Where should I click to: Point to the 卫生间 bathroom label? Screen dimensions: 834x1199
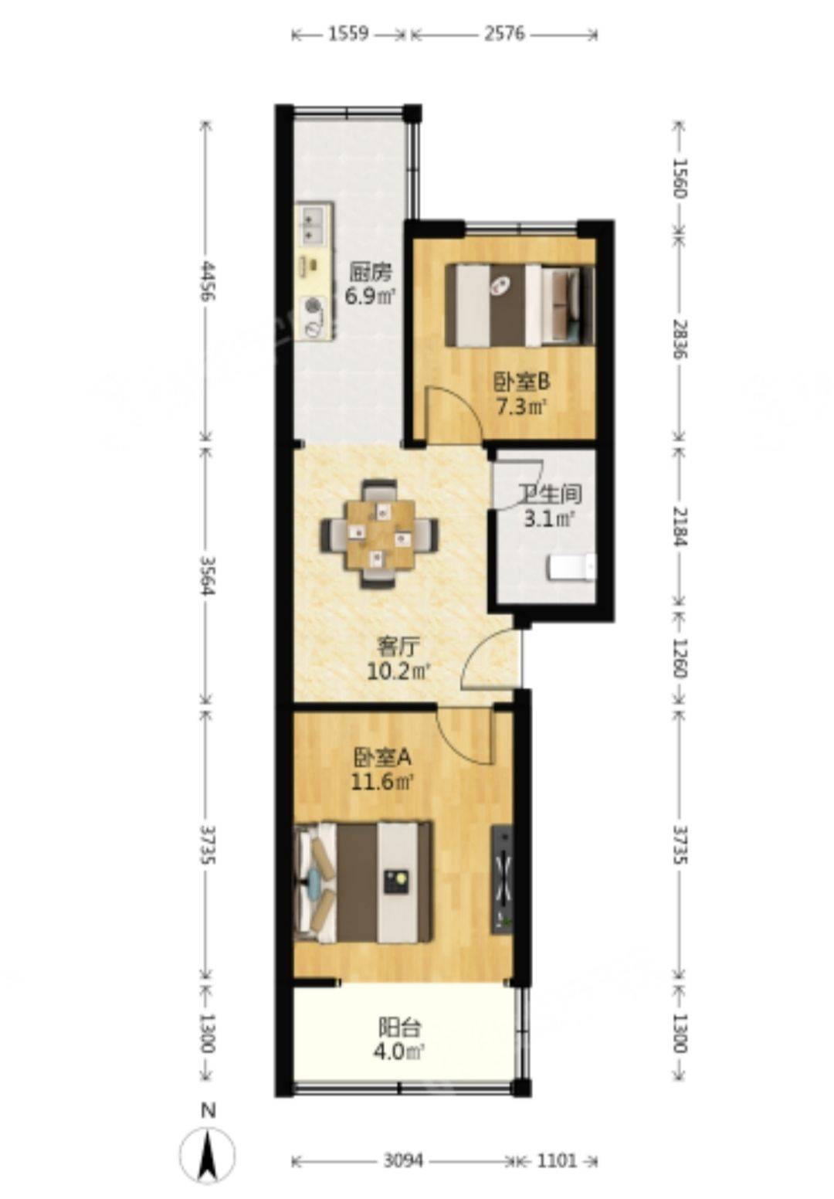coord(549,494)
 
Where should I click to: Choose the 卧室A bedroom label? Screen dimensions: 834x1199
coord(381,758)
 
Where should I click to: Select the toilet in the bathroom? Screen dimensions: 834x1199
coord(571,568)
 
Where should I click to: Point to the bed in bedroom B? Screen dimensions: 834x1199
coord(520,305)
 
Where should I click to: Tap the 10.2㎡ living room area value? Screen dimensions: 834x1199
coord(399,672)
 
